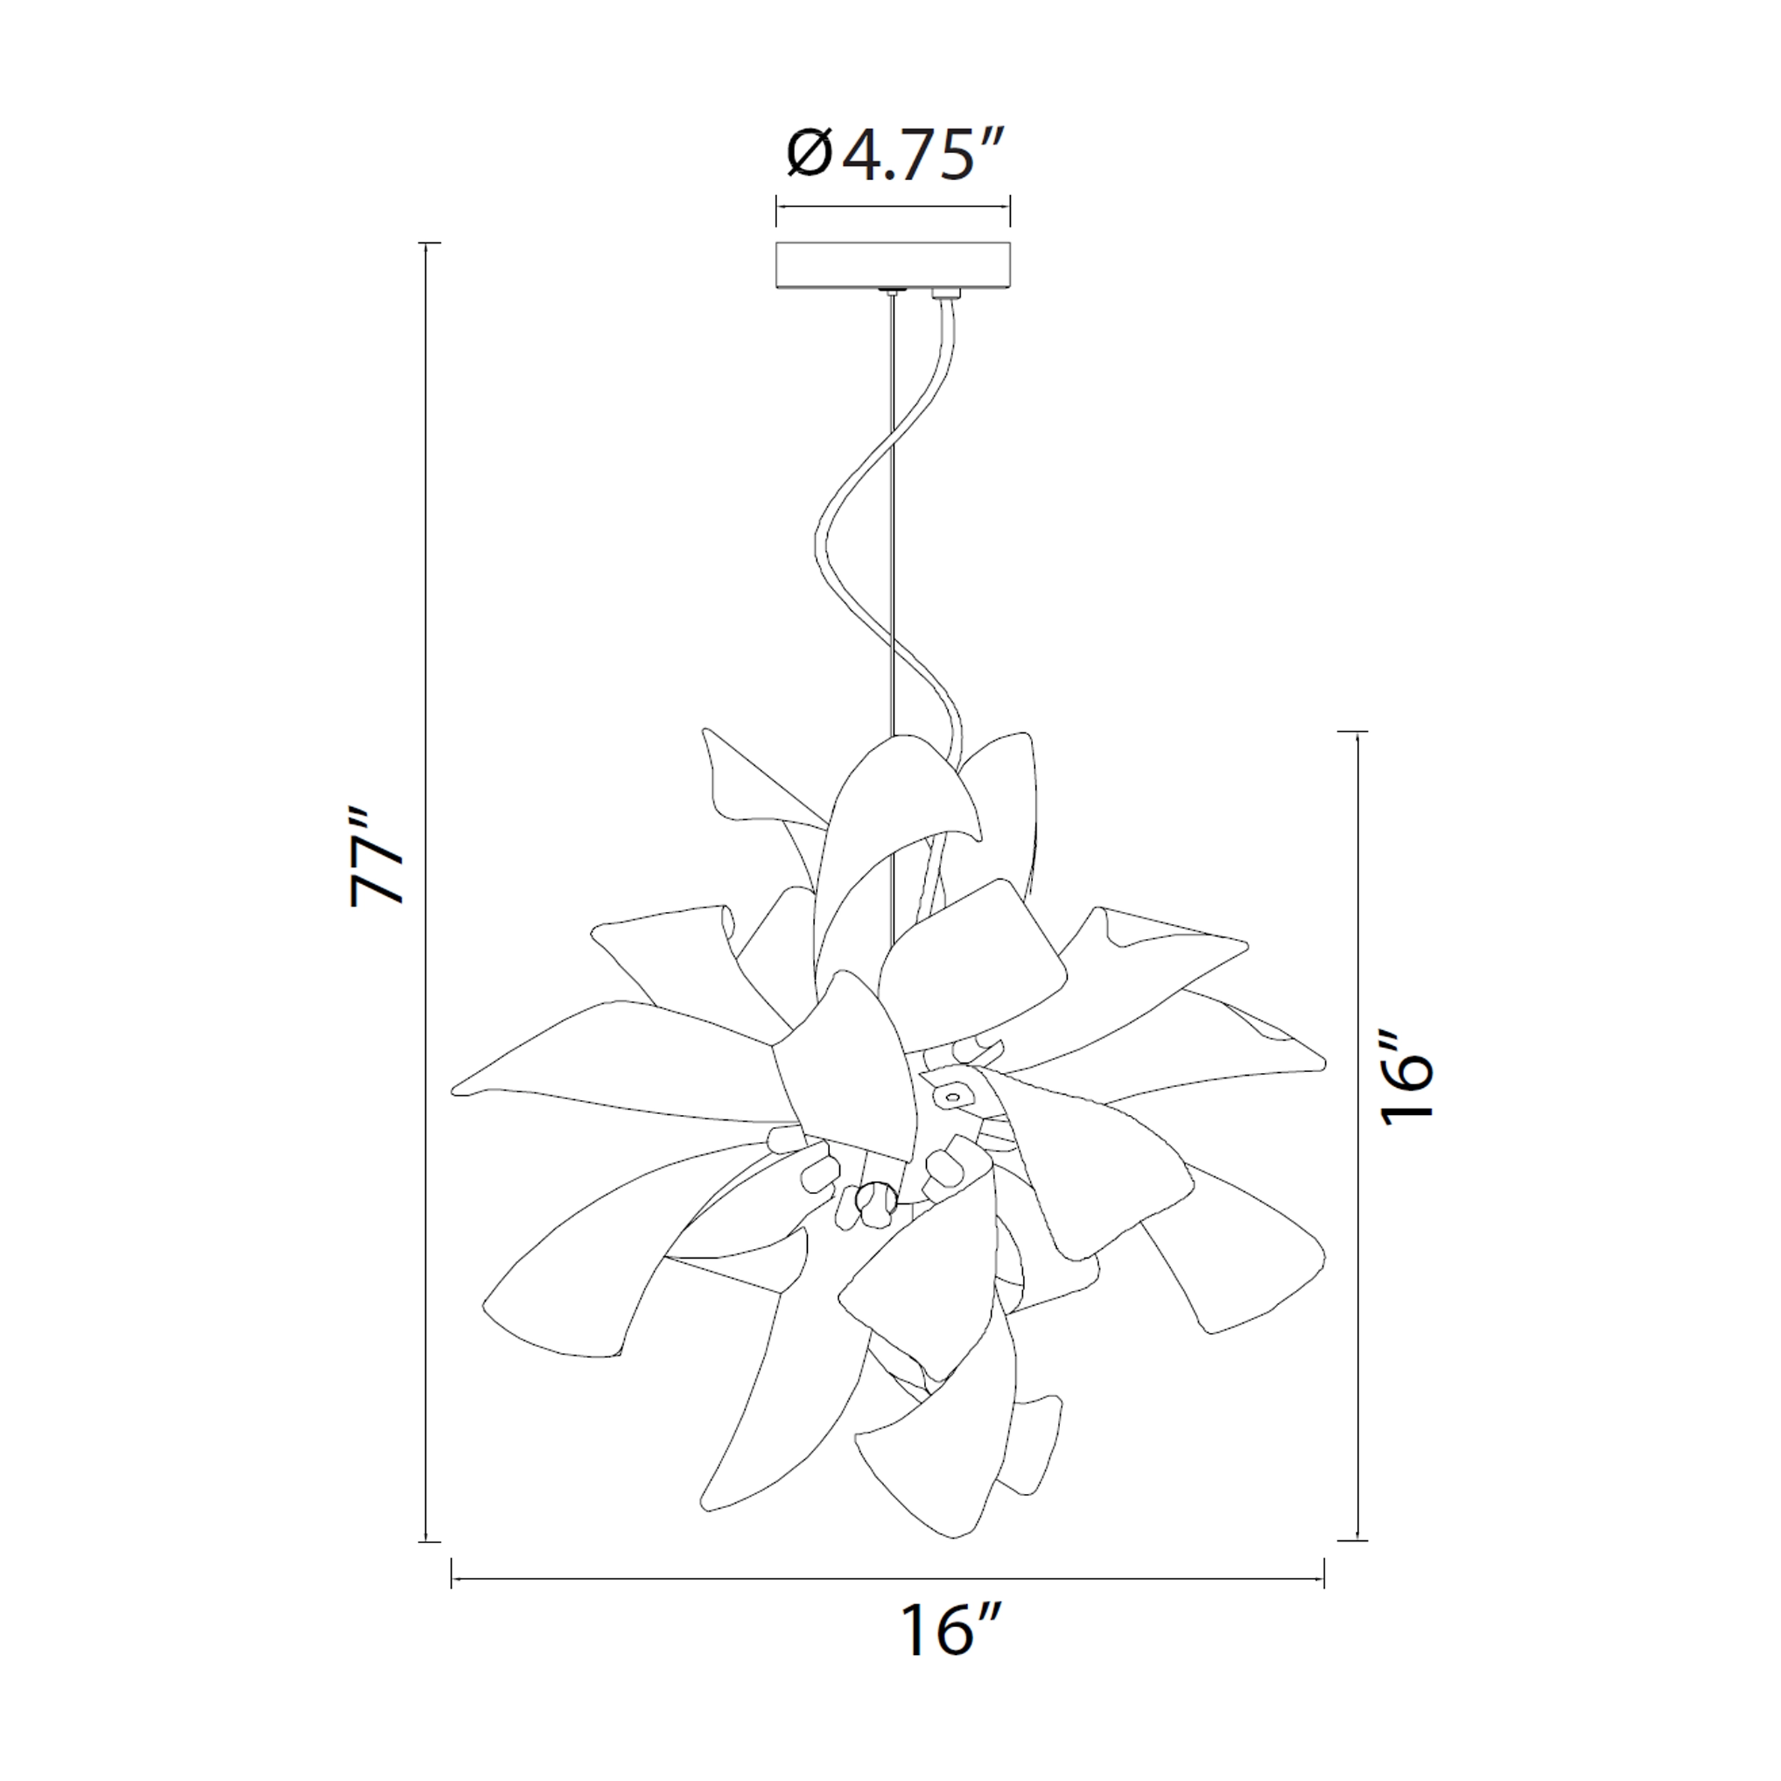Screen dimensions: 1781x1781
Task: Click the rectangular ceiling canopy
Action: (893, 266)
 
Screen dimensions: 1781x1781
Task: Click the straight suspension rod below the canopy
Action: (893, 516)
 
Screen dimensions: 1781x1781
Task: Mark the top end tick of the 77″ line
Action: (426, 244)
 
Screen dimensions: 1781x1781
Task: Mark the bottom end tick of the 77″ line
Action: (426, 1540)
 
